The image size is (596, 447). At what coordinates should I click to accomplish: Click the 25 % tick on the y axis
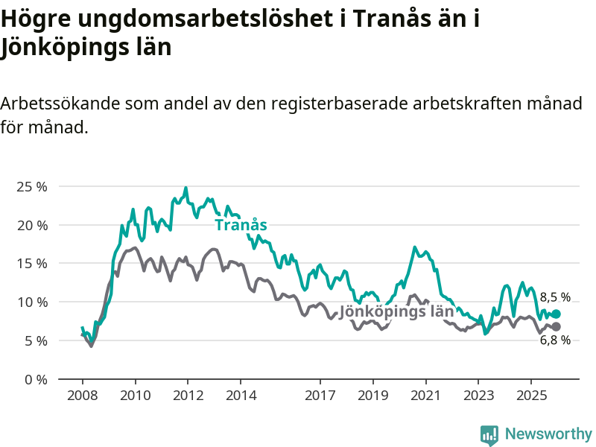coord(32,186)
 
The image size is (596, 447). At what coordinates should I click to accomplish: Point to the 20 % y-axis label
coord(32,225)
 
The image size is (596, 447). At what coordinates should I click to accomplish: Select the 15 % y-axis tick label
coord(32,264)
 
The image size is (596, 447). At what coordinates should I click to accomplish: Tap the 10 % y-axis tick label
coord(32,302)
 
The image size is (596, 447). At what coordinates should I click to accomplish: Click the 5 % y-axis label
coord(35,340)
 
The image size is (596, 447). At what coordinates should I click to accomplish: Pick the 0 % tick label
coord(35,379)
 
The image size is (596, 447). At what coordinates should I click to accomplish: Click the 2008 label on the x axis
coord(82,394)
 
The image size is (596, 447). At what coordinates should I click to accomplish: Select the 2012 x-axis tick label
coord(188,394)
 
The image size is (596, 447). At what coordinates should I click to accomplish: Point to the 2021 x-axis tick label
coord(425,394)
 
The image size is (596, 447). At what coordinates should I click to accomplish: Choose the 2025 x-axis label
coord(530,394)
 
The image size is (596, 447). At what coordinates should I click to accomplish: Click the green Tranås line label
coord(241,225)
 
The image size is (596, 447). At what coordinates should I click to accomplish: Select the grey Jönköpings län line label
coord(396,311)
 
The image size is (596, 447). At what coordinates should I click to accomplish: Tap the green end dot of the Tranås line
coord(556,314)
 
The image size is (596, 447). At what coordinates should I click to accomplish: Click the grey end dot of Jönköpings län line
coord(556,327)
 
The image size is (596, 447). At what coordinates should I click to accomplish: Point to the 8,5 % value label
coord(555,297)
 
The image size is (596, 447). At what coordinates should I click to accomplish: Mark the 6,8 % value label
coord(555,340)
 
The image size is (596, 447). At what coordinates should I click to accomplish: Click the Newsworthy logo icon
coord(489,434)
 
